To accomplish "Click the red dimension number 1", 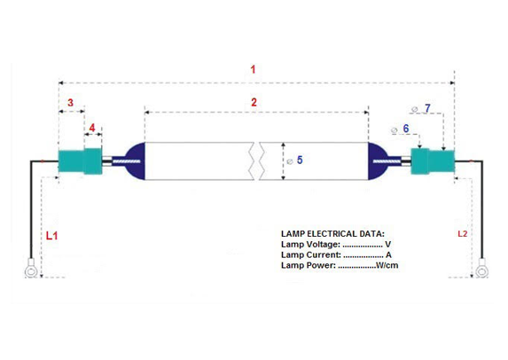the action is click(x=253, y=69).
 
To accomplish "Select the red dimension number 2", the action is click(x=254, y=102).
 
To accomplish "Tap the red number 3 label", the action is click(x=70, y=103).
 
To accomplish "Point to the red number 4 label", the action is click(x=92, y=128).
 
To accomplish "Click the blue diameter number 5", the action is click(x=300, y=160).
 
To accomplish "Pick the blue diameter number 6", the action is click(x=406, y=129).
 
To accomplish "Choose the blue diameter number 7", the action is click(x=427, y=108).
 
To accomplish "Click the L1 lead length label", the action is click(x=51, y=236).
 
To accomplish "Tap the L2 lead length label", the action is click(x=462, y=233).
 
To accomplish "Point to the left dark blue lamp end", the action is click(x=135, y=161).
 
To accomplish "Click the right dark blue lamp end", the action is click(x=378, y=161).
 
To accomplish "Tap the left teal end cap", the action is click(x=81, y=161).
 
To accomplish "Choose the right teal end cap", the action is click(x=433, y=161).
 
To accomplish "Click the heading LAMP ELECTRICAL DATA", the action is click(x=332, y=233).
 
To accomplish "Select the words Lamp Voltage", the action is click(x=310, y=245).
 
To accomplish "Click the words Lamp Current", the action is click(x=311, y=254).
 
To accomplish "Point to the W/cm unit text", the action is click(x=387, y=265).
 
